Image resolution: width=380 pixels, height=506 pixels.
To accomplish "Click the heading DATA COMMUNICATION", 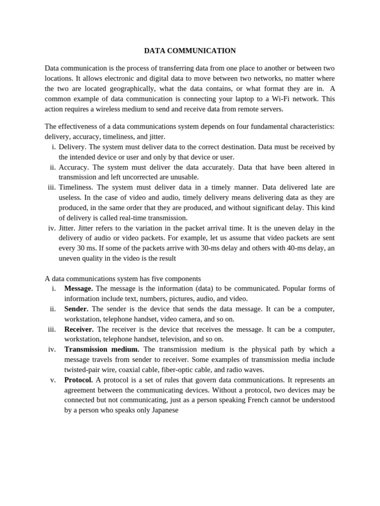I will (x=190, y=51).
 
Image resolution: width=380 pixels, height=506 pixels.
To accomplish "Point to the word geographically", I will (x=127, y=88).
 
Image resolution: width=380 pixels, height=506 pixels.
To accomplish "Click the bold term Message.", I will (x=78, y=289).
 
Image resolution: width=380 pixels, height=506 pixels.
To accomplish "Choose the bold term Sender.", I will (x=76, y=309).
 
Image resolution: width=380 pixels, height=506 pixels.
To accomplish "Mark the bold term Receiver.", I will (x=79, y=329).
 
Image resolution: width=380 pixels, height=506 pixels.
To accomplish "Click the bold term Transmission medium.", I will (x=101, y=349).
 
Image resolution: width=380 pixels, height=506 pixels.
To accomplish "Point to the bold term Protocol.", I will (x=78, y=380).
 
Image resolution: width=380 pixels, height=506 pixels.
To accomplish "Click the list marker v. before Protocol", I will (x=53, y=380).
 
